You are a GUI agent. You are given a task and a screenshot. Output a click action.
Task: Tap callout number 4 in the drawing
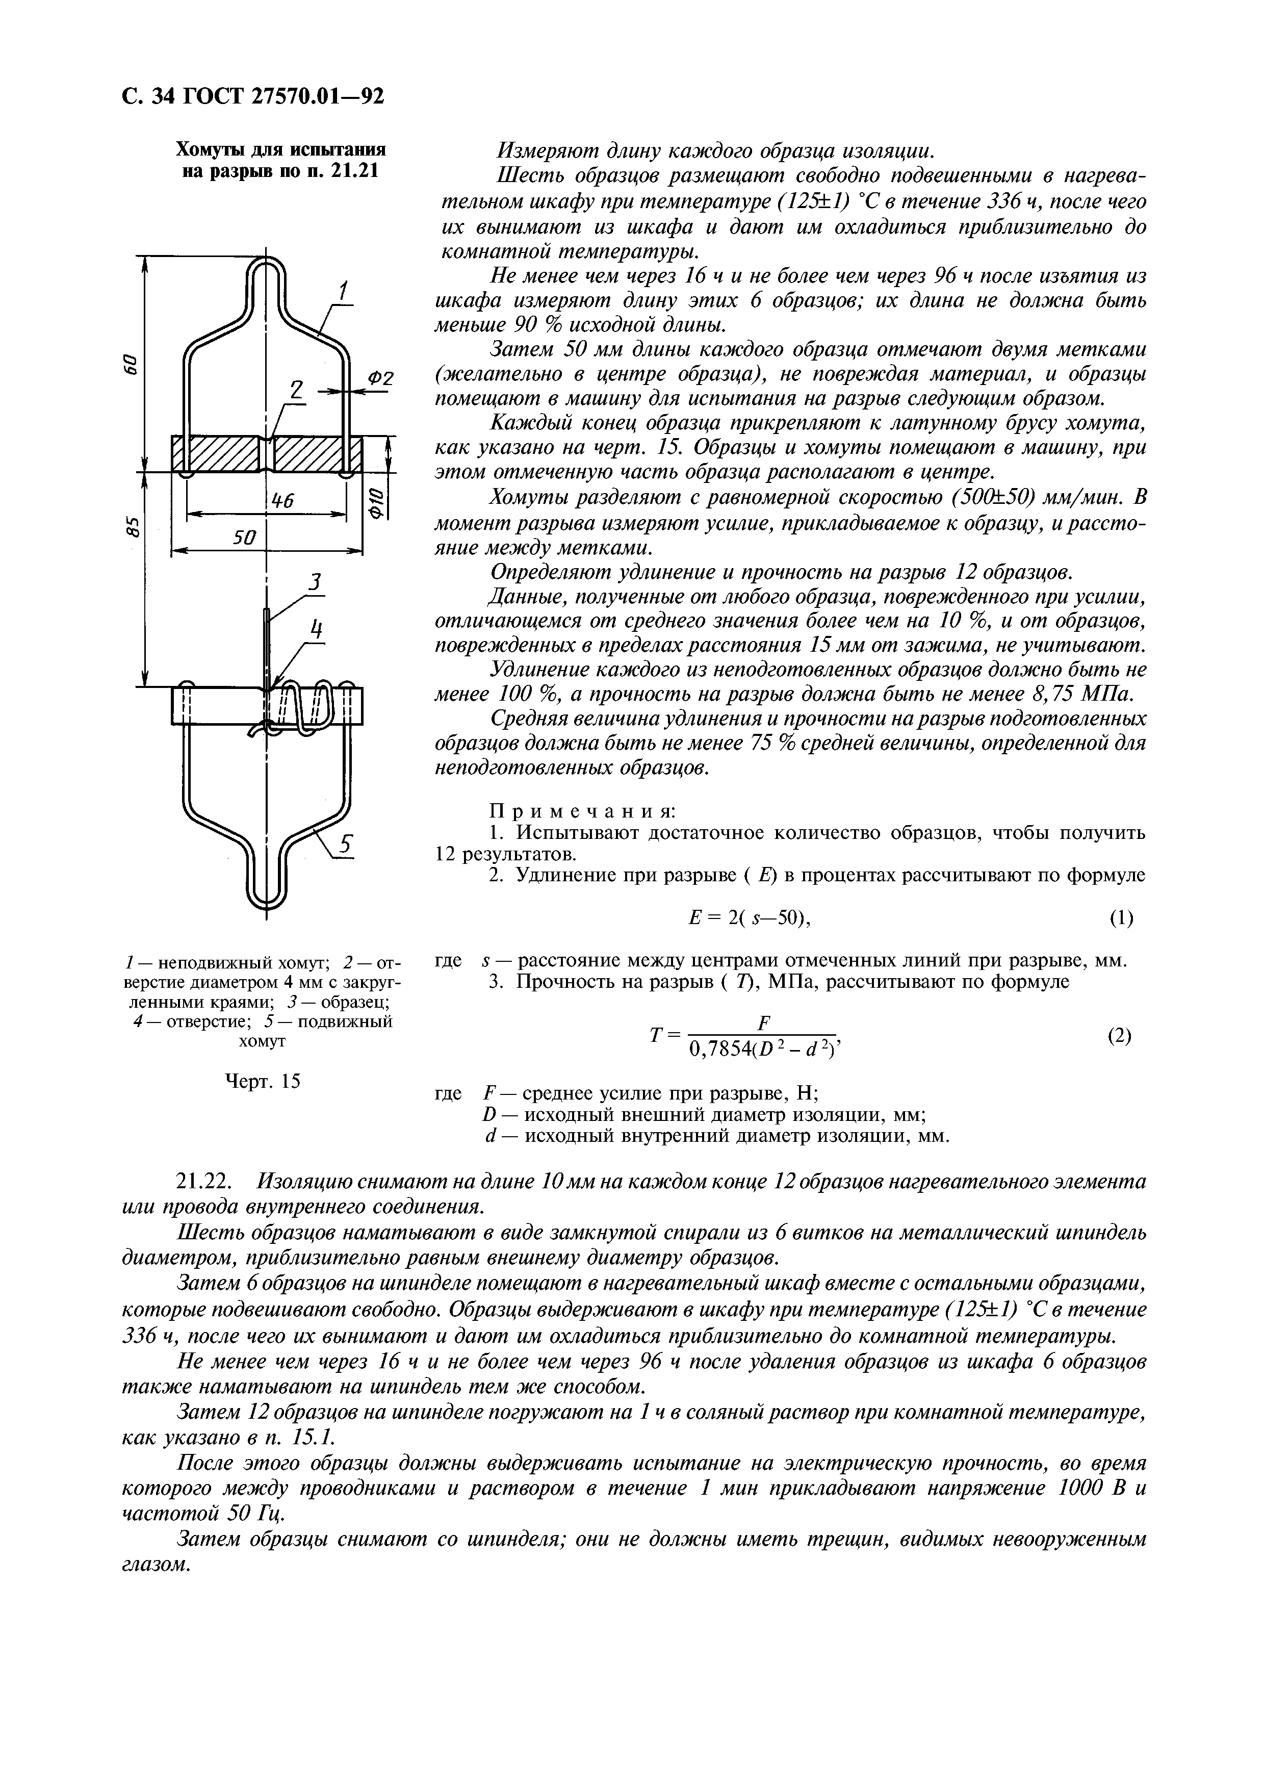pyautogui.click(x=316, y=628)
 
